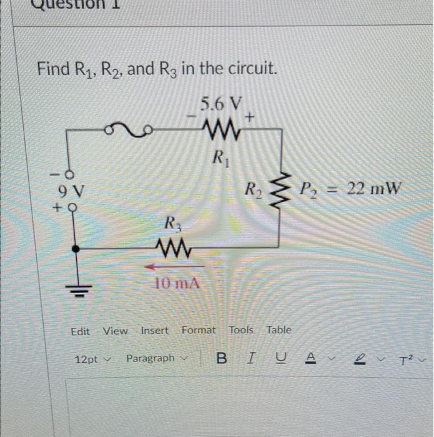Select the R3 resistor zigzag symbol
(176, 249)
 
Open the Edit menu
(80, 331)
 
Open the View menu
(115, 331)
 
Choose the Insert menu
(155, 330)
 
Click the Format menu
(198, 330)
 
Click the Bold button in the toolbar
(222, 358)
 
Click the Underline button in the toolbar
(280, 358)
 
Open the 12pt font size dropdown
(91, 360)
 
